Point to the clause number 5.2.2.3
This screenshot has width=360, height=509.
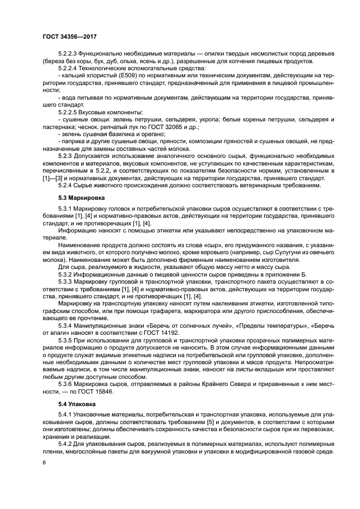click(68, 52)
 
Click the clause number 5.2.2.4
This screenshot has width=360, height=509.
click(68, 69)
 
